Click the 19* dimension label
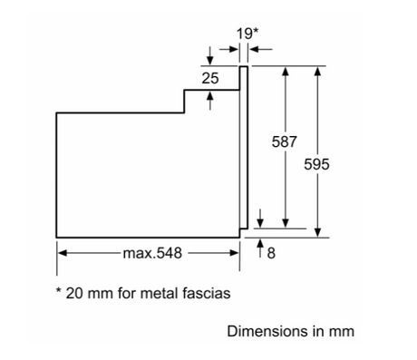(247, 34)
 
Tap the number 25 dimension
(210, 78)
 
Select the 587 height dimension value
(285, 141)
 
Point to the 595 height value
(316, 164)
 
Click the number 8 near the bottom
(271, 253)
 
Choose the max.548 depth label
(152, 253)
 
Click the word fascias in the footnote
(207, 293)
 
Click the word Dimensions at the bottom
(267, 331)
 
